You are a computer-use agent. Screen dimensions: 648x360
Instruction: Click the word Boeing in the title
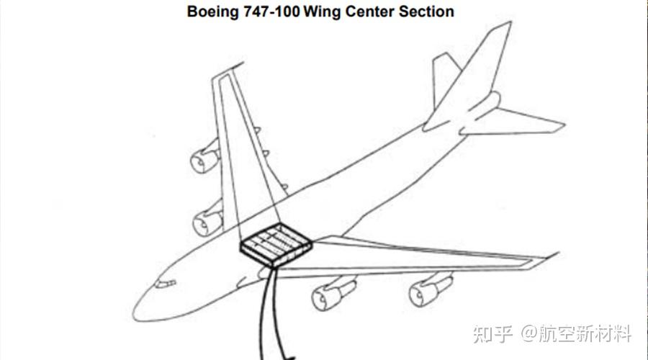click(x=212, y=12)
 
